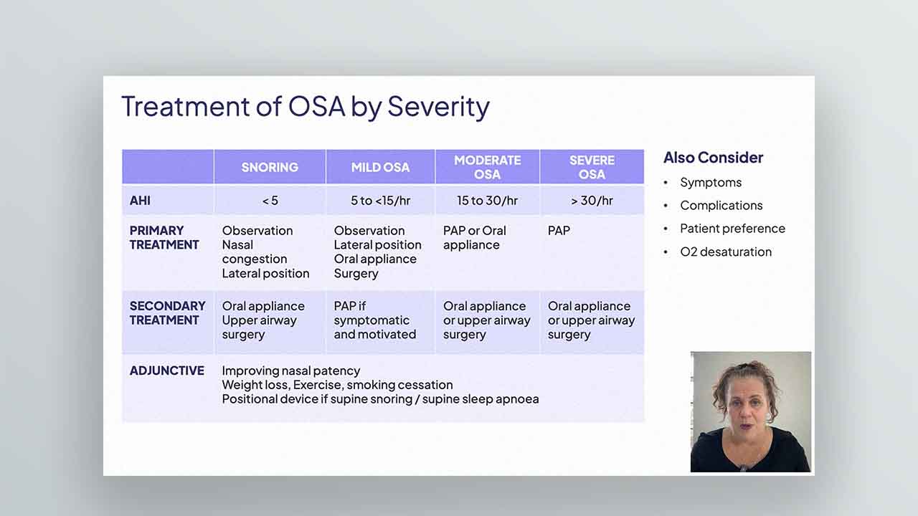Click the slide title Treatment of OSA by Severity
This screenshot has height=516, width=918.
(306, 107)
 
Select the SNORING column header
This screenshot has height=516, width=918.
(270, 167)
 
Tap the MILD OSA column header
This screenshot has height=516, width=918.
(380, 167)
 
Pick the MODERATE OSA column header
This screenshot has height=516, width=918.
(487, 167)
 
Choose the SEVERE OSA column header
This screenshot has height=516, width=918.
(592, 167)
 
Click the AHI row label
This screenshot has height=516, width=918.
(140, 201)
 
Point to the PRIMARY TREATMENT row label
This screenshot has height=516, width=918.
(164, 237)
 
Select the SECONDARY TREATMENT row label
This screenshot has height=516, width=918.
(167, 313)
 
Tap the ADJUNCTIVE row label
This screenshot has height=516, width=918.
(167, 371)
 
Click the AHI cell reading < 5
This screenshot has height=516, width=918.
(270, 201)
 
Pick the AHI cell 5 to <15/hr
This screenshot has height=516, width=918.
(380, 201)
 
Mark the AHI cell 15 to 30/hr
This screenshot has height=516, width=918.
(487, 201)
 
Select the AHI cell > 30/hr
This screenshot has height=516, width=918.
(592, 201)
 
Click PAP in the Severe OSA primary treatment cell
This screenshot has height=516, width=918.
(559, 231)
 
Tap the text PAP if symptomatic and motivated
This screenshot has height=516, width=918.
(374, 320)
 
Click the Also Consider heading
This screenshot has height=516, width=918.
(713, 158)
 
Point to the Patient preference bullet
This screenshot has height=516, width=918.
(732, 229)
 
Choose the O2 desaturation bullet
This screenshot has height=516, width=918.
(726, 252)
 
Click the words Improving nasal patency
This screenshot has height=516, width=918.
(291, 371)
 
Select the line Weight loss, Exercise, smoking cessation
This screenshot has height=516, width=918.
(337, 385)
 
